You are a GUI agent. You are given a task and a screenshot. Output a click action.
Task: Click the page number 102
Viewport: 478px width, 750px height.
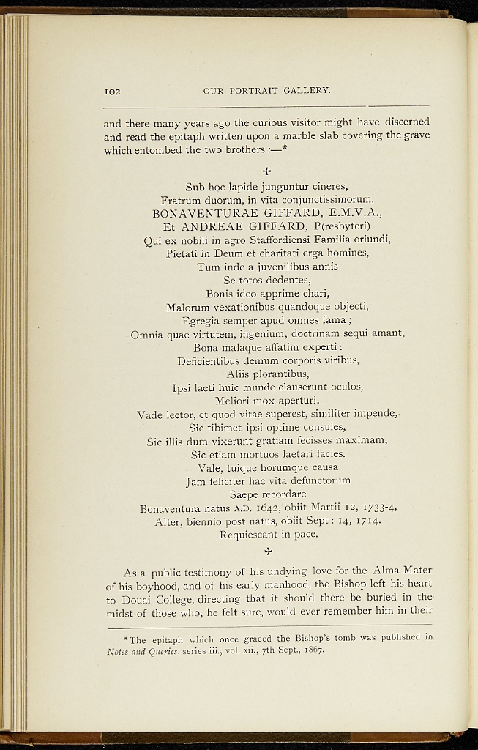111,92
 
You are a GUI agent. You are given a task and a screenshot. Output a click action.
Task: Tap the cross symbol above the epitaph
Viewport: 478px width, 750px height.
267,171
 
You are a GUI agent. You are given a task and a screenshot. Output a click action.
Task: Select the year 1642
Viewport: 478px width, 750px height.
233,508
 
